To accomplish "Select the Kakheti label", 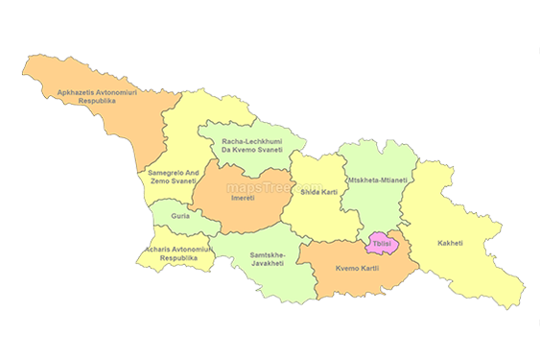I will tap(449, 243).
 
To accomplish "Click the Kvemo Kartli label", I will tap(355, 268).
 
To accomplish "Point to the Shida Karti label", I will tap(318, 192).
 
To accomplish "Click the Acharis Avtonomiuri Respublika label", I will tap(172, 253).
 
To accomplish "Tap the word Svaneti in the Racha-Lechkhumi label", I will tap(268, 152).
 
